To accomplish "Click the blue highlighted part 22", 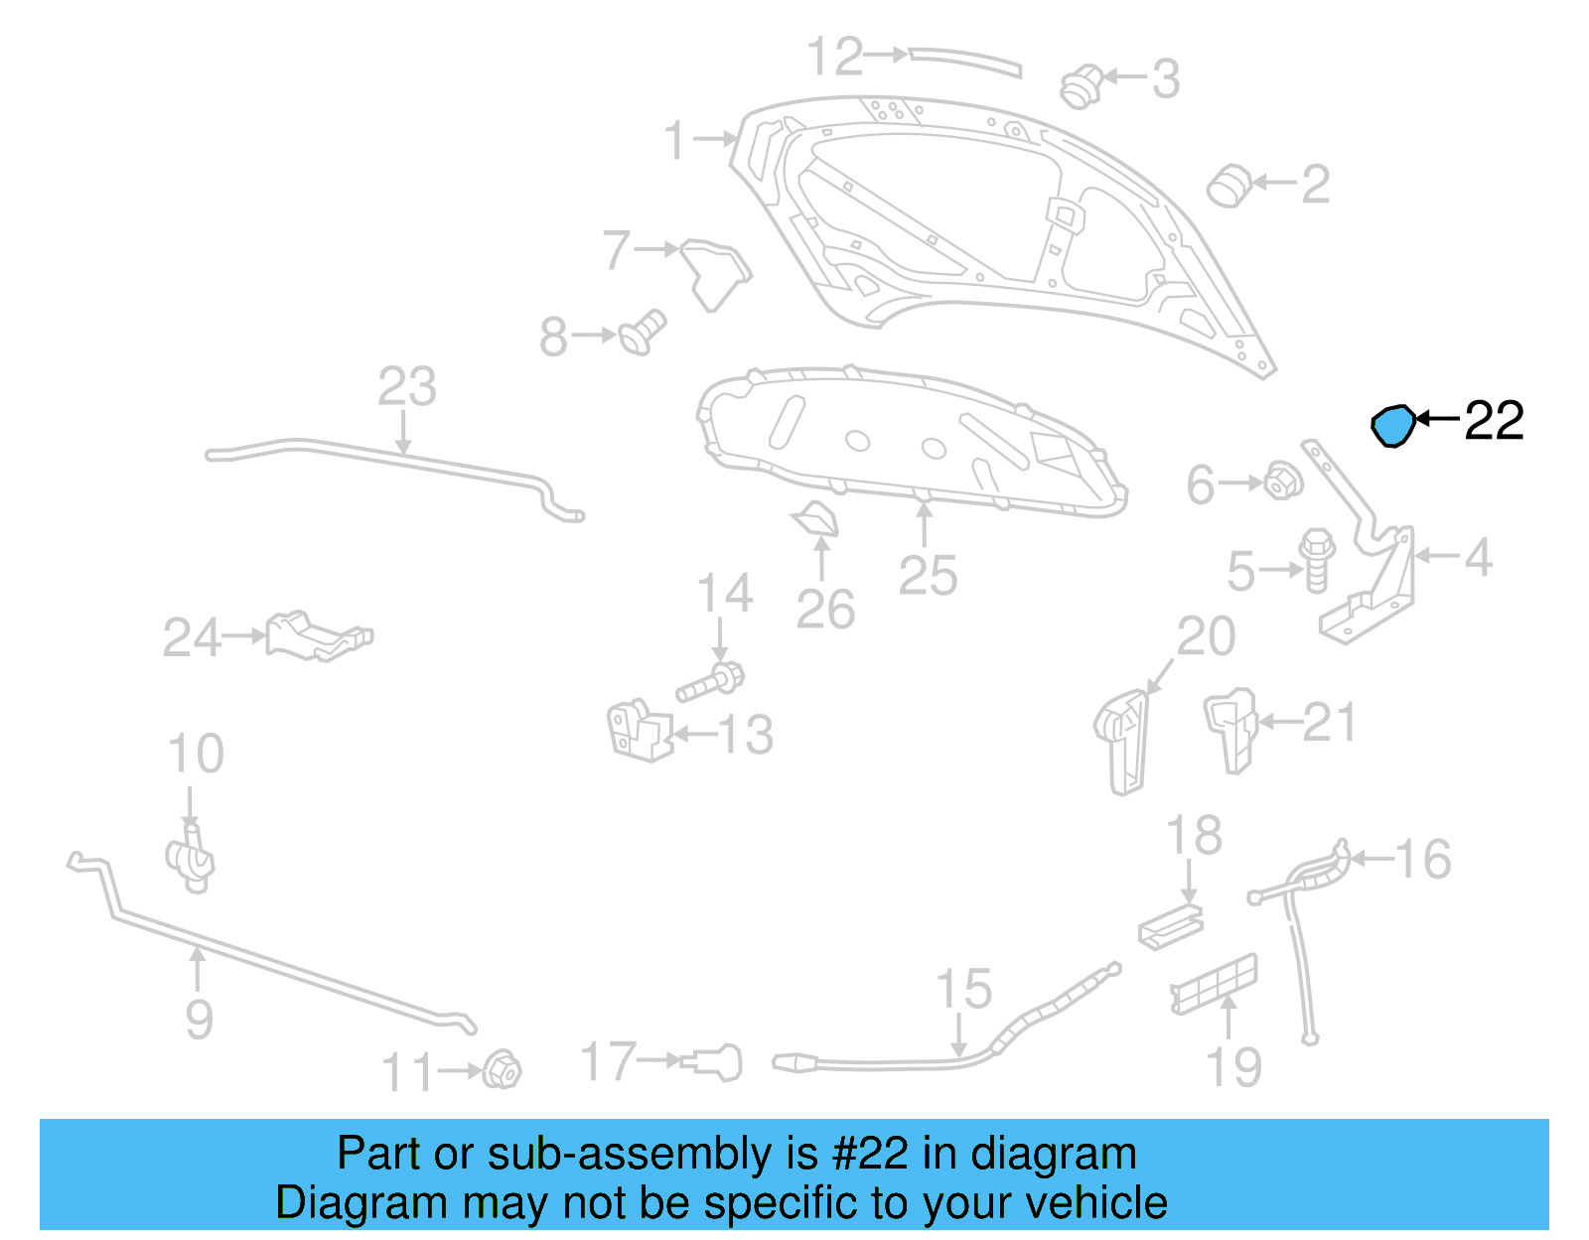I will tap(1392, 426).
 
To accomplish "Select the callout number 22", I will tap(1494, 421).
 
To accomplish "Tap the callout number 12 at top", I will tap(835, 57).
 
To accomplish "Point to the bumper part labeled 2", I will tap(1229, 186).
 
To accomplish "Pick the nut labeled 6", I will tap(1282, 482).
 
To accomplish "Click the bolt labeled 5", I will tap(1317, 560).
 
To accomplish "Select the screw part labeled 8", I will tap(644, 333).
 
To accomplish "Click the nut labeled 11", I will tap(502, 1069).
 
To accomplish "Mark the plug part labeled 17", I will tap(715, 1063).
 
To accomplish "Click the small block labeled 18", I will tap(1171, 926).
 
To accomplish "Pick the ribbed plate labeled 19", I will tap(1214, 985).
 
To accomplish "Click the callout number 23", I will tap(407, 387).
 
